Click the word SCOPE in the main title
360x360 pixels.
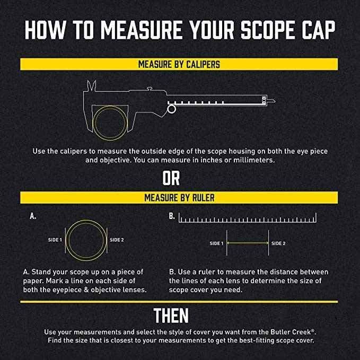point(267,30)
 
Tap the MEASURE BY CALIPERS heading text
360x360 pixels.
point(179,64)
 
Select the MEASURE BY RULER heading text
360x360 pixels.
point(179,198)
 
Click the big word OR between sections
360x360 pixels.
point(171,178)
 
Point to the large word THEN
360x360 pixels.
point(171,315)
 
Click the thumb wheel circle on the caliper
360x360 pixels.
point(171,109)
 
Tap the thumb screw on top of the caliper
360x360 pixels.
point(150,89)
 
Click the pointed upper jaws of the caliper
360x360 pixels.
point(92,86)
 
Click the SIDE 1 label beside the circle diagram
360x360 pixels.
point(55,240)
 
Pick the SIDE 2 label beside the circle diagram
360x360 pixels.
point(117,240)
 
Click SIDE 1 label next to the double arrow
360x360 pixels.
point(216,243)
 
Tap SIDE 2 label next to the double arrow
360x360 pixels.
point(278,243)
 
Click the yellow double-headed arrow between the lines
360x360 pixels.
point(248,243)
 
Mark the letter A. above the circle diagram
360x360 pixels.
point(33,216)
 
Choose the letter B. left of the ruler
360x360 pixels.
point(172,216)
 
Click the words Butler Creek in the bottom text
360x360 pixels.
point(291,332)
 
